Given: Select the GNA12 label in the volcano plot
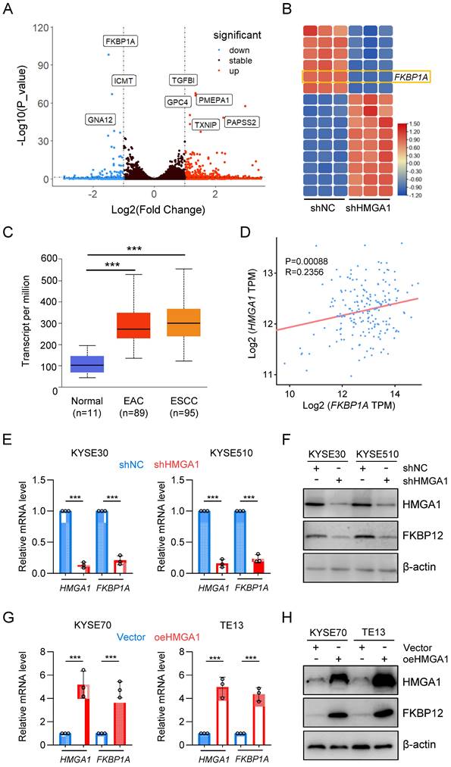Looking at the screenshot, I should coord(102,119).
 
